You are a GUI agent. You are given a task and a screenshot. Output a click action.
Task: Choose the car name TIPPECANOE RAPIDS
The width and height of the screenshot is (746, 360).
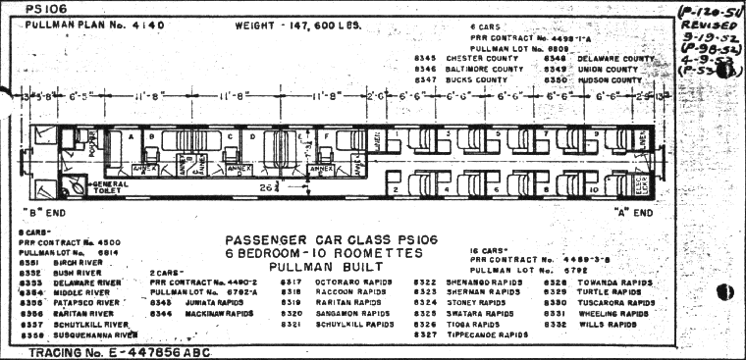pyautogui.click(x=491, y=334)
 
